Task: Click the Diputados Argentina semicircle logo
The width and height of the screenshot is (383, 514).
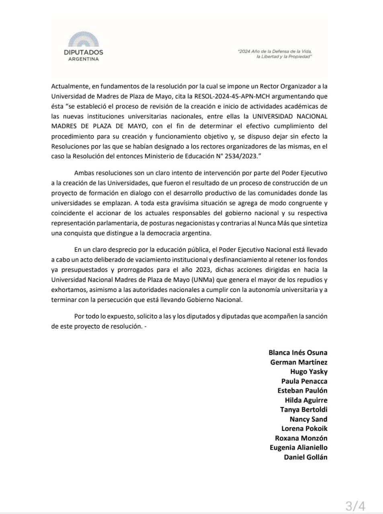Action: tap(83, 40)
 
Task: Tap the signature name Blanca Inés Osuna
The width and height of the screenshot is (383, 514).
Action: tap(298, 353)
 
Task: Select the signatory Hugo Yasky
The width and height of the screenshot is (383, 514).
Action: tap(309, 371)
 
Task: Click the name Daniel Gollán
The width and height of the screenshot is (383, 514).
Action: tap(305, 457)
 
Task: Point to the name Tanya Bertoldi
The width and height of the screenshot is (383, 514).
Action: tap(303, 410)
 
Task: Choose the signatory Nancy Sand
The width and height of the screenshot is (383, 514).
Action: tap(308, 419)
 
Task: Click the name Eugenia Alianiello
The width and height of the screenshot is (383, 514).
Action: tap(298, 447)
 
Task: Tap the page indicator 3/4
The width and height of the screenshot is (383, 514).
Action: tap(355, 506)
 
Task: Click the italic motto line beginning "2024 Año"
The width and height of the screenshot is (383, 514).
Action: tap(275, 52)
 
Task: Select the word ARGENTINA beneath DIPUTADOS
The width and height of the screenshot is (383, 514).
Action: tap(83, 59)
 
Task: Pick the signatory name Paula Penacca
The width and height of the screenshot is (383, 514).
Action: tap(304, 381)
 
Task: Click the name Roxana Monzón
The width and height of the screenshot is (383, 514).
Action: tap(301, 438)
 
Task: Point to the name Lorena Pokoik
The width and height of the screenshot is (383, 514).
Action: tap(304, 428)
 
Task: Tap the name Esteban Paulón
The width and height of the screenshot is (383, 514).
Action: tap(302, 390)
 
